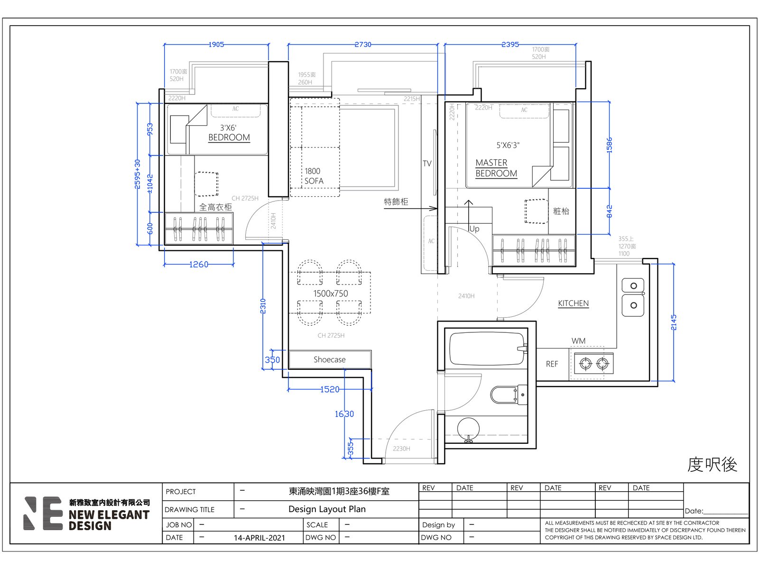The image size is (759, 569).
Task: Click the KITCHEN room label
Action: tap(573, 303)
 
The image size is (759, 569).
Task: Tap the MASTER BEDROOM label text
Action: tap(496, 168)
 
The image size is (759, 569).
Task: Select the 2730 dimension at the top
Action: tap(363, 44)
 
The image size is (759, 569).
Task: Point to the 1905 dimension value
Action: tap(216, 44)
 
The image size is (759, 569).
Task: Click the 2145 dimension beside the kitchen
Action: tap(674, 322)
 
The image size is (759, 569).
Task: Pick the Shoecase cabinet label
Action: tap(330, 359)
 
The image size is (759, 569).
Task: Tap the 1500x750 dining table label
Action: tap(331, 294)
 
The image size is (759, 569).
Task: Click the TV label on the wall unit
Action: tap(427, 164)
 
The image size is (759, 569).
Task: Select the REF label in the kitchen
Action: tap(552, 364)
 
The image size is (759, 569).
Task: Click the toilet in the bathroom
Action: tap(509, 395)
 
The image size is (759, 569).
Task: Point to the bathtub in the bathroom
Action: tap(488, 349)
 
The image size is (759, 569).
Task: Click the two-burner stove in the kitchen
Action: tap(594, 363)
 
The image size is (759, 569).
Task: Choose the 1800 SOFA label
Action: tap(314, 176)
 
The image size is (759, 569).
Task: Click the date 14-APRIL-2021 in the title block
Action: tap(259, 538)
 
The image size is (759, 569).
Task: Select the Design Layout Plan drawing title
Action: tap(327, 509)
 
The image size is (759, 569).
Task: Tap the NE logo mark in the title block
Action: tap(43, 513)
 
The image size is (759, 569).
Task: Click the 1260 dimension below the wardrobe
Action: tap(199, 264)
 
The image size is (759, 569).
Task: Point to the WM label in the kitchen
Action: tap(578, 340)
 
